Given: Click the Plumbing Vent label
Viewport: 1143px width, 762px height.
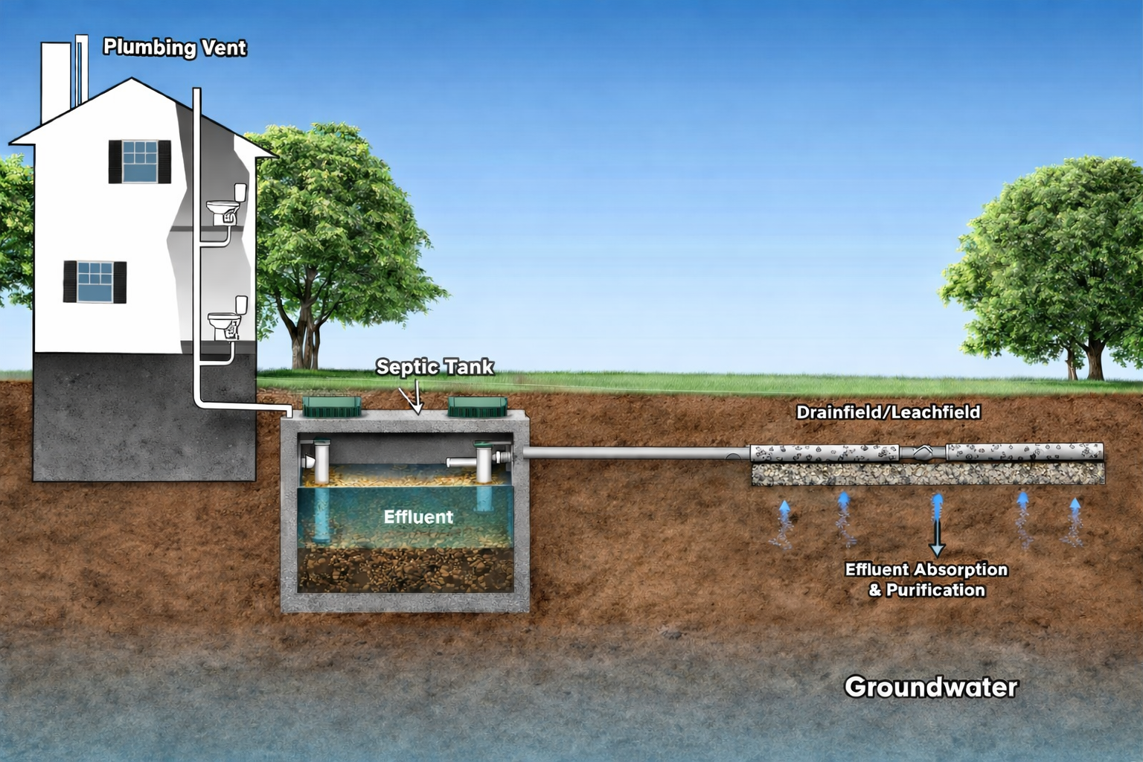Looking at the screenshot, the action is tap(174, 48).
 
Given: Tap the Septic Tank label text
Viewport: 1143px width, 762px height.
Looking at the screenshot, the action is tap(435, 367).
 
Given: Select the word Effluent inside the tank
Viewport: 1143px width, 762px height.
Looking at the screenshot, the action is tap(418, 516).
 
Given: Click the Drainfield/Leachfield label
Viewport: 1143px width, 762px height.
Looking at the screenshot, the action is tap(888, 412).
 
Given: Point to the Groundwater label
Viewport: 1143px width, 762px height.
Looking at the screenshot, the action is tap(930, 687).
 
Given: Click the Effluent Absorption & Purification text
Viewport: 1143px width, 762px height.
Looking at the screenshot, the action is tap(926, 580).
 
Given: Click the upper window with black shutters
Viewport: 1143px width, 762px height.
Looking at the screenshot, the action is tap(140, 161).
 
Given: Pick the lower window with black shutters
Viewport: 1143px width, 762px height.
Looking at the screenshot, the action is tap(95, 282).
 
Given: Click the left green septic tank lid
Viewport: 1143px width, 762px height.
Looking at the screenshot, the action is tap(332, 406).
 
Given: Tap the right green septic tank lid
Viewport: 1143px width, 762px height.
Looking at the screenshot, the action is tap(478, 406).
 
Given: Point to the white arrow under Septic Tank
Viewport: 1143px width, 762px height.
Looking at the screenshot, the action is tap(417, 398).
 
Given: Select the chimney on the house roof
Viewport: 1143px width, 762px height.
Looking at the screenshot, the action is tap(55, 82).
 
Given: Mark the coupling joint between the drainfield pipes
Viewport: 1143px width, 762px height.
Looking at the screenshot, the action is tap(923, 452).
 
